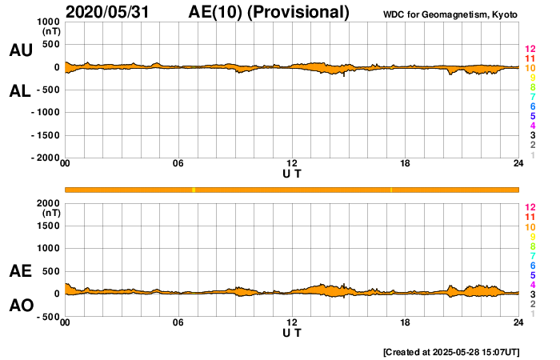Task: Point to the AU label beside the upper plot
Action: (20, 50)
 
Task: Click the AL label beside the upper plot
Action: (20, 91)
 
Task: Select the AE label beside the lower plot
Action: (20, 272)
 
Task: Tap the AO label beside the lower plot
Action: (20, 306)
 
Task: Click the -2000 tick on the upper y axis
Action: (45, 158)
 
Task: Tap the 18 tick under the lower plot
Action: (406, 323)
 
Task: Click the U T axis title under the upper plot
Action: (292, 174)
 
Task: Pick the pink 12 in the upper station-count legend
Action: (530, 50)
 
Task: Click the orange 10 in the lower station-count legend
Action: (530, 227)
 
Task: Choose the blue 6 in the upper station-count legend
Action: (532, 106)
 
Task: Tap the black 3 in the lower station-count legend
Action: (532, 294)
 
